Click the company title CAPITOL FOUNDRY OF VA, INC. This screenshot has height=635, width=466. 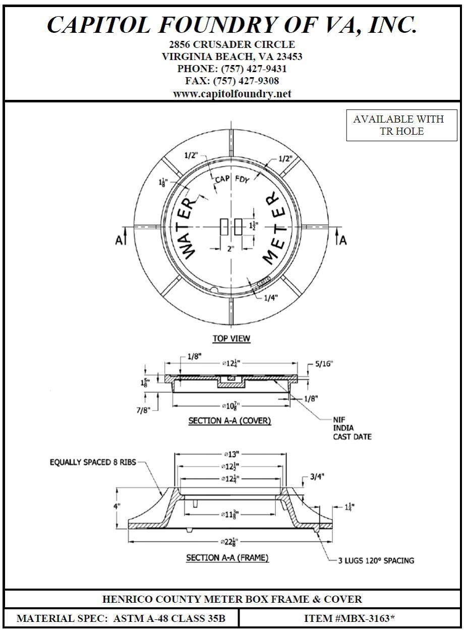[x=232, y=24]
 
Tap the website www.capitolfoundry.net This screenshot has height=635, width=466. [x=232, y=94]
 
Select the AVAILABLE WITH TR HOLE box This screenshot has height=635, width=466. [x=398, y=125]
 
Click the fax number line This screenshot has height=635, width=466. [x=232, y=81]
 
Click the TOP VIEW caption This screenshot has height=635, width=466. [x=231, y=338]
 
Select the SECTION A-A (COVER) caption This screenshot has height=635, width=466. [x=229, y=421]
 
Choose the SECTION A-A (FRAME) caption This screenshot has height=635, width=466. [x=227, y=558]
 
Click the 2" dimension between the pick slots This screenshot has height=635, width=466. [x=230, y=249]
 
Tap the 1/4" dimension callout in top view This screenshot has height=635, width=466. [x=270, y=298]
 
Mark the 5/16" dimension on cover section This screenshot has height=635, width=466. [x=324, y=363]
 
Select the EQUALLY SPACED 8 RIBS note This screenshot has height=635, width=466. [x=93, y=462]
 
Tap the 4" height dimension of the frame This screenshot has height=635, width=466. [x=118, y=506]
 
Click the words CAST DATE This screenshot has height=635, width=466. [x=352, y=437]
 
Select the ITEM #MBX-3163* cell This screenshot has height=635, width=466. [x=349, y=618]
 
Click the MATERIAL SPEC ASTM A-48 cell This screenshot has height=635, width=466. [x=121, y=618]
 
